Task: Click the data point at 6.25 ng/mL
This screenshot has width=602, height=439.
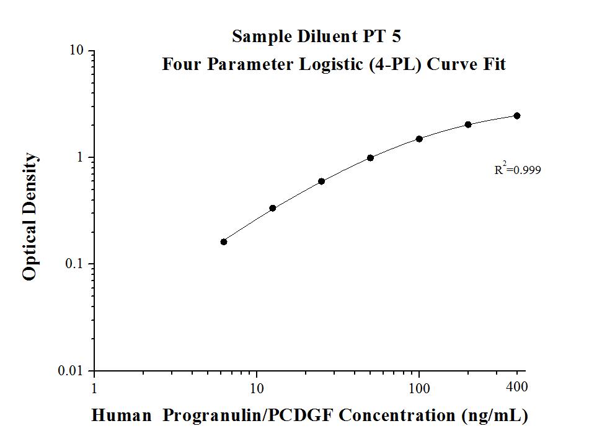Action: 224,241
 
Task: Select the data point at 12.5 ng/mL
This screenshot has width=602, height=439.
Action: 273,208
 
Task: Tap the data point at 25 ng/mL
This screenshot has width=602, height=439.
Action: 321,181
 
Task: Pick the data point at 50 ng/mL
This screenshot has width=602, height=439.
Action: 370,158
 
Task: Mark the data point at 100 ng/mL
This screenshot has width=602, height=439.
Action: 419,139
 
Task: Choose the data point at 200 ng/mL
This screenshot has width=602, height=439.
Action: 468,124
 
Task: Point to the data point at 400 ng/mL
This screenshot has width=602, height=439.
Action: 517,116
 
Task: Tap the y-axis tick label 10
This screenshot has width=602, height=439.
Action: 77,51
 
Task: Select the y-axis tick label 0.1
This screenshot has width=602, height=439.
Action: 74,264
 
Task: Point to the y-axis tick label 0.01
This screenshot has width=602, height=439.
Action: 71,371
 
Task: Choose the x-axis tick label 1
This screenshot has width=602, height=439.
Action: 94,388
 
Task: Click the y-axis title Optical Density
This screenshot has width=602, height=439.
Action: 30,218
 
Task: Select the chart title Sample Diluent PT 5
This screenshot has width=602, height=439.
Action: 316,37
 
